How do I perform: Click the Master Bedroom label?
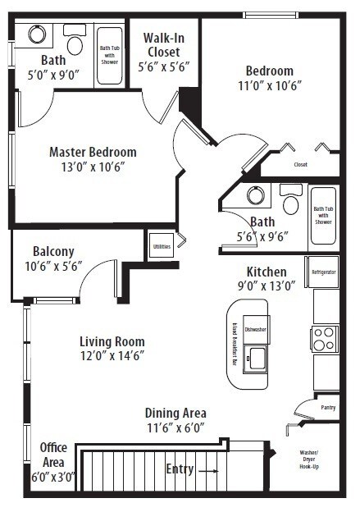[93, 152]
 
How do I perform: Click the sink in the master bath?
[37, 34]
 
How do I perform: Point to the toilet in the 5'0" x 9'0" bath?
[75, 42]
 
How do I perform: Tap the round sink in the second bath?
[256, 195]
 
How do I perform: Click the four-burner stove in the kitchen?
[324, 338]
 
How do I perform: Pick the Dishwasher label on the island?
[255, 329]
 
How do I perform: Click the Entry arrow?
[207, 471]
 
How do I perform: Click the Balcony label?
[54, 251]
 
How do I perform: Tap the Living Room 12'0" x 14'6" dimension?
[112, 355]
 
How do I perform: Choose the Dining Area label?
[175, 413]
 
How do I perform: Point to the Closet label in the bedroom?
[300, 164]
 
